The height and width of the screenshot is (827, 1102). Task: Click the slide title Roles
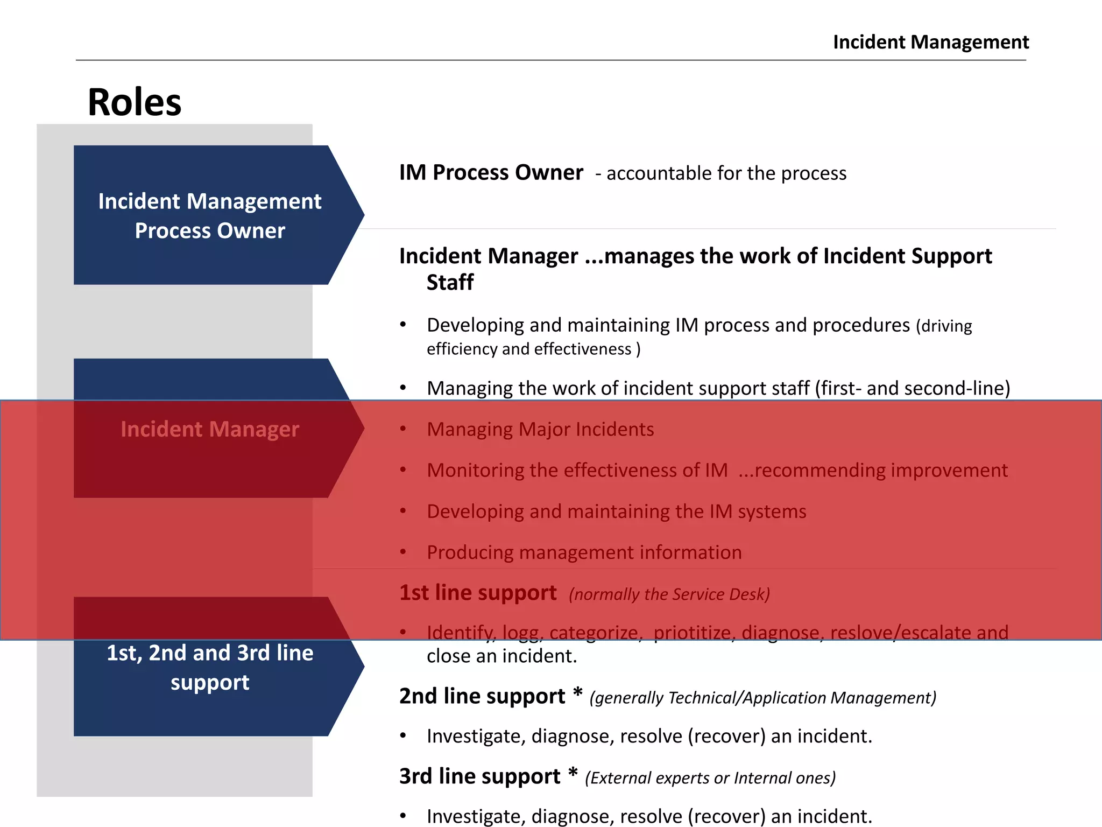point(135,102)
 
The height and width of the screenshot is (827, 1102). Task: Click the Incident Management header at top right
point(930,42)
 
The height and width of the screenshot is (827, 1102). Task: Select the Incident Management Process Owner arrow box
point(210,215)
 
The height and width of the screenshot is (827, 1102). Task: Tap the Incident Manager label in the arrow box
point(210,429)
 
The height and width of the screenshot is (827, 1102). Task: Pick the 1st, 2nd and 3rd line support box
point(210,668)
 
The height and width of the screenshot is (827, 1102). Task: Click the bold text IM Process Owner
point(491,173)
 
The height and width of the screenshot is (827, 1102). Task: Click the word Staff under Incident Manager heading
point(450,283)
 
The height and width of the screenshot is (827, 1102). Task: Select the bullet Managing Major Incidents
point(540,430)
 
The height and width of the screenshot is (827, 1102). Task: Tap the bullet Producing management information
point(584,552)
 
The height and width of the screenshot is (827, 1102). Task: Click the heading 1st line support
point(478,593)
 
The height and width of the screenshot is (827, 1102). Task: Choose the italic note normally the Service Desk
point(669,594)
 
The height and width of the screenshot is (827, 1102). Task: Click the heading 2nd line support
point(482,696)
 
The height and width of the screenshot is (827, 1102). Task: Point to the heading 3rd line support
point(479,776)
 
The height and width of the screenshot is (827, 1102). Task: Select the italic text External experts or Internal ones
point(710,778)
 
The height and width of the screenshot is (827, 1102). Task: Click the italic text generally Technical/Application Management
point(763,698)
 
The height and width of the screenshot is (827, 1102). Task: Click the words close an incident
point(501,656)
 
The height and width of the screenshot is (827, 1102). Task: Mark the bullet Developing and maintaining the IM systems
point(616,511)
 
